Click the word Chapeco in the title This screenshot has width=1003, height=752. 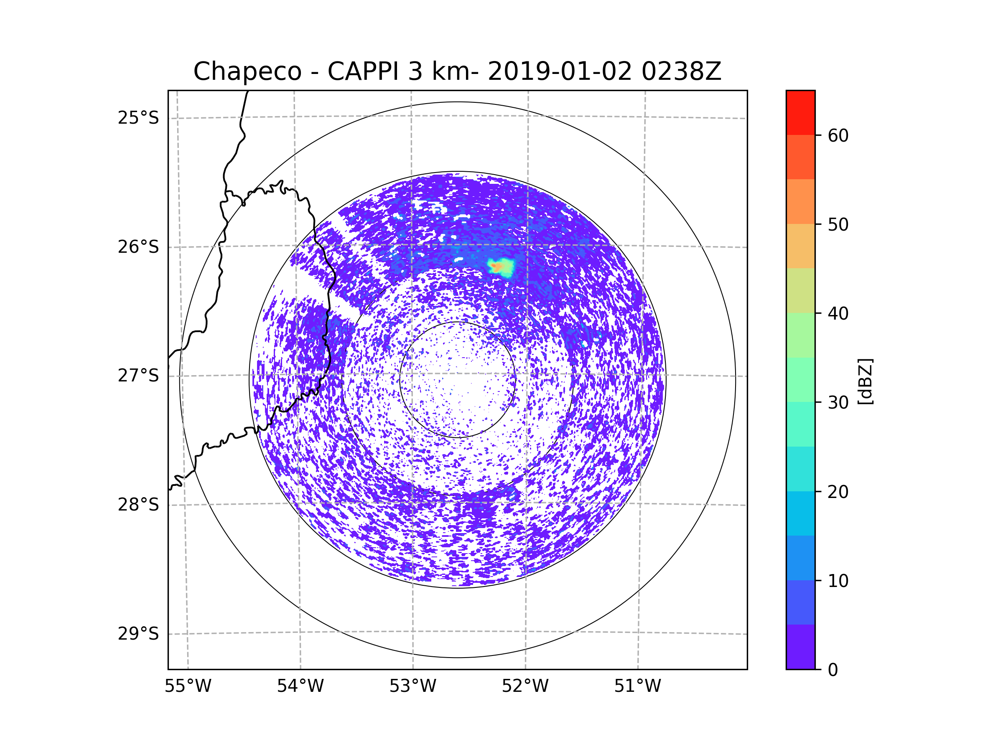click(x=247, y=71)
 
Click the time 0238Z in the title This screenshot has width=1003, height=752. click(x=681, y=71)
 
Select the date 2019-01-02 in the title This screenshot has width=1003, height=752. click(x=560, y=71)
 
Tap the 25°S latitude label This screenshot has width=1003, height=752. click(x=138, y=118)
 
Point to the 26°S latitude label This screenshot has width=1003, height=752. click(x=138, y=247)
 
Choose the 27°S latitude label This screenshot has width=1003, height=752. click(x=138, y=376)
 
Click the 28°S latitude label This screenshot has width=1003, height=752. click(x=138, y=505)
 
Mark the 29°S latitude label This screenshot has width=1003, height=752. click(x=138, y=634)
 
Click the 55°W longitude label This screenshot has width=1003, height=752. click(x=188, y=686)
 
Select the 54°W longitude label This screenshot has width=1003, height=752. click(x=300, y=686)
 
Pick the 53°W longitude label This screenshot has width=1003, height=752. click(x=412, y=686)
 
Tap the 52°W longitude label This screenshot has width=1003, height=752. click(x=525, y=686)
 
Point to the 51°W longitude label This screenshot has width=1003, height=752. click(x=637, y=686)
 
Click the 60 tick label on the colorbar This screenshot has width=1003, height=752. click(x=838, y=135)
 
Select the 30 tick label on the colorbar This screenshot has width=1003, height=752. click(x=838, y=402)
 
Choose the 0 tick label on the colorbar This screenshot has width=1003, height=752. click(x=833, y=670)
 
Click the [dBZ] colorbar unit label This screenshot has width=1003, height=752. click(x=866, y=382)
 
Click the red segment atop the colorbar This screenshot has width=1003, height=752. click(x=800, y=113)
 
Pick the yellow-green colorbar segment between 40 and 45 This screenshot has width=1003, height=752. click(x=800, y=290)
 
